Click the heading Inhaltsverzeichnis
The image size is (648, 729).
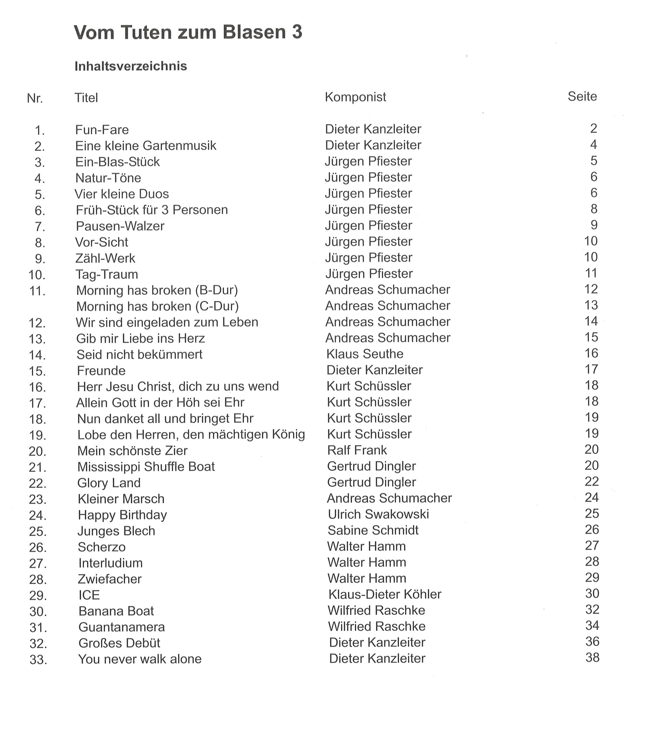(131, 66)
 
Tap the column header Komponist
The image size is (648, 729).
(355, 97)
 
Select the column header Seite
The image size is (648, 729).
(582, 96)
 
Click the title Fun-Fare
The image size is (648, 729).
(102, 130)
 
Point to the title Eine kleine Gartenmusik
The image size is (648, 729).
(146, 146)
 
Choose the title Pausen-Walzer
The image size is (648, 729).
(120, 226)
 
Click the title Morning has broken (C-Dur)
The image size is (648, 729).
(157, 306)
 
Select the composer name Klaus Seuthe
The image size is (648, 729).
(365, 354)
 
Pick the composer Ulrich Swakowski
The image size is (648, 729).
(378, 514)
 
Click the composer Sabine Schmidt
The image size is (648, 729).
(373, 530)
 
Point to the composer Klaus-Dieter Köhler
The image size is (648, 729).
(385, 595)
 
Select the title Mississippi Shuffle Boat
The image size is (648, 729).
(146, 467)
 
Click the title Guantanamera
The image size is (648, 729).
(122, 627)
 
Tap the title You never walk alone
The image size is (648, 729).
(140, 659)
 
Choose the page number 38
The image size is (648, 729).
(592, 658)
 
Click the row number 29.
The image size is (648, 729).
(38, 596)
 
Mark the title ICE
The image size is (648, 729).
(89, 595)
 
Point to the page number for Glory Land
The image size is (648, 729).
(592, 482)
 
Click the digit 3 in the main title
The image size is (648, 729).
(297, 32)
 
